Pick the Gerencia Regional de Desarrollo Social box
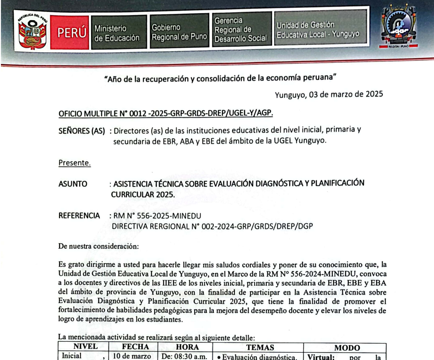(240, 30)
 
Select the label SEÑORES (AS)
(83, 131)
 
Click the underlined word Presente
(74, 163)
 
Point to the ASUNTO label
(73, 184)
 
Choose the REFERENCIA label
(78, 215)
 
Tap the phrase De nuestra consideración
(98, 246)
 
